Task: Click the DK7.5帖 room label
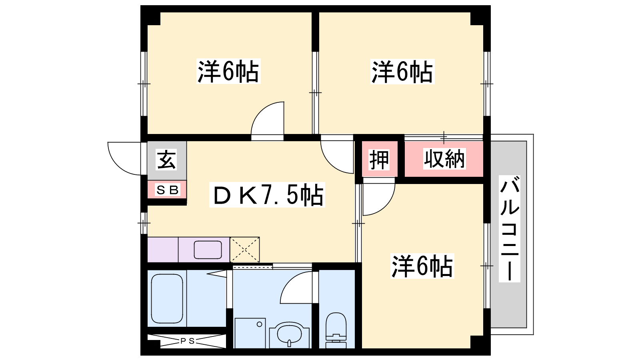267,195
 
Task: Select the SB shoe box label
167,190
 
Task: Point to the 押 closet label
379,160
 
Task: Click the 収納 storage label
444,158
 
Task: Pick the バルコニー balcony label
510,229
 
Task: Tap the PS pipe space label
188,341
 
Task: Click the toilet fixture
336,330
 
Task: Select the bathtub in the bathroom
167,298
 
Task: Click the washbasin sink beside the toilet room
289,335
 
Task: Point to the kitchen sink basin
208,250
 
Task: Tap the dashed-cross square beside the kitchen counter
245,250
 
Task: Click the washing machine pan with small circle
250,333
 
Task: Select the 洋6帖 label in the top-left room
228,71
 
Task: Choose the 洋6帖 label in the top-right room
402,72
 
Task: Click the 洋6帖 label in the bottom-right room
422,266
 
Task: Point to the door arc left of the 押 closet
330,164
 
